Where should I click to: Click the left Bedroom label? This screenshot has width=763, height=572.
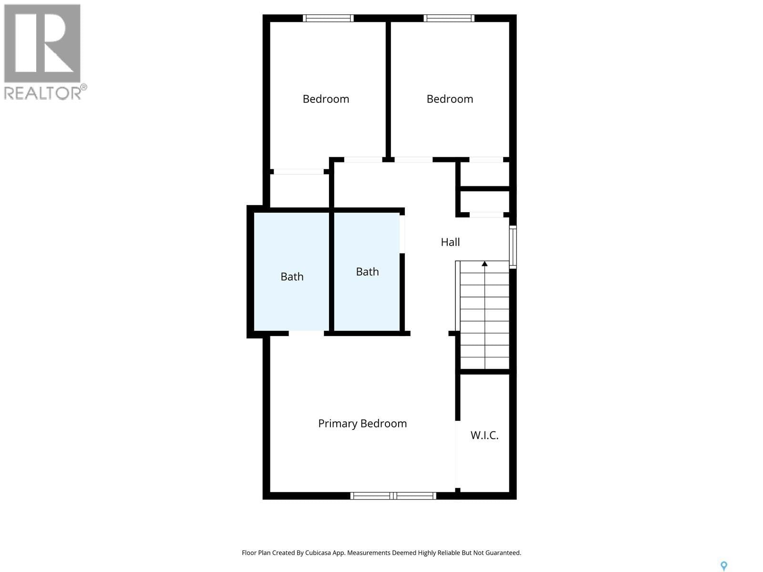[326, 99]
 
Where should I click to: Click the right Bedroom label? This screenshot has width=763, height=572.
[450, 99]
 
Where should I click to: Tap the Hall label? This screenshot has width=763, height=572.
[450, 242]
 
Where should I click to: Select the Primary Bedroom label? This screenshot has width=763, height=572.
[362, 423]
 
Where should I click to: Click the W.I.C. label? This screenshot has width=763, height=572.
[485, 435]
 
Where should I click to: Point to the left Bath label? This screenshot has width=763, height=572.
[292, 276]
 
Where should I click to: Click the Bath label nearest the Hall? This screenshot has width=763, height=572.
[367, 272]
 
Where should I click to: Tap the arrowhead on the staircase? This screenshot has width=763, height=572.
[485, 264]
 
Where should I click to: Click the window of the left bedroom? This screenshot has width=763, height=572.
[328, 18]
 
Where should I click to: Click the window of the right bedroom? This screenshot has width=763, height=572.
[449, 18]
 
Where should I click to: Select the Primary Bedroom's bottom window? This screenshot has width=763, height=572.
[393, 496]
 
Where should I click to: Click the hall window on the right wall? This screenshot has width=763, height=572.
[513, 246]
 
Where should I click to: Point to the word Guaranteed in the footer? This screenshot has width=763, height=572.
[504, 553]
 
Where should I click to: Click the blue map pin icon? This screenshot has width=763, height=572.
[724, 566]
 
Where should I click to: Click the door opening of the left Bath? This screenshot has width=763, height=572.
[306, 333]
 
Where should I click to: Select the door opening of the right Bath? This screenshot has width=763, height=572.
[402, 234]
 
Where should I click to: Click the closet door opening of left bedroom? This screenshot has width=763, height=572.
[299, 172]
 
